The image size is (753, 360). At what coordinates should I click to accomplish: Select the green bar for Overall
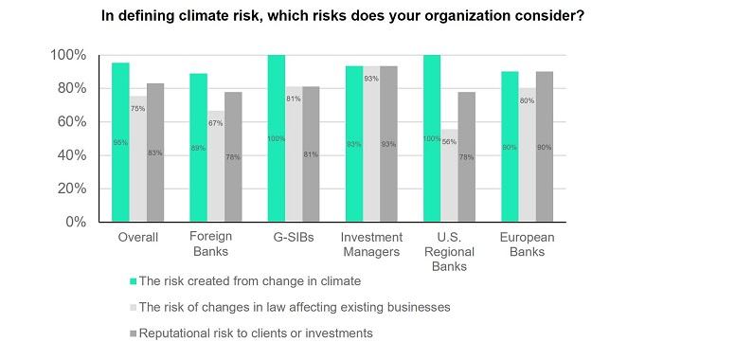[x=120, y=142]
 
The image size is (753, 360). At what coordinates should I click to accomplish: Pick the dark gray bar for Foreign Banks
[x=234, y=156]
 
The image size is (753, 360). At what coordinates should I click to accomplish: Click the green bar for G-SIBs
[x=276, y=138]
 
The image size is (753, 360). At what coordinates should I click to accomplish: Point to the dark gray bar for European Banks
[x=544, y=147]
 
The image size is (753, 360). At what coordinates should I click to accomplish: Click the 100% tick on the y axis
[x=68, y=55]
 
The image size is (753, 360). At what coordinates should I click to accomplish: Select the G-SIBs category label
[x=293, y=237]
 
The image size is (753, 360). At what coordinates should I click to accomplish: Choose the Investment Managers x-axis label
[x=371, y=244]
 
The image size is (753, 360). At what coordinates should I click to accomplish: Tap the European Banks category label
[x=527, y=244]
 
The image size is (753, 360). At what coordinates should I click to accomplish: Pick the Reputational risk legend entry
[x=256, y=333]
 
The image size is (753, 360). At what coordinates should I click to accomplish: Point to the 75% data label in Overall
[x=138, y=109]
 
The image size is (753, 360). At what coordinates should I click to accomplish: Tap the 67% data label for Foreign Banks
[x=216, y=123]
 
